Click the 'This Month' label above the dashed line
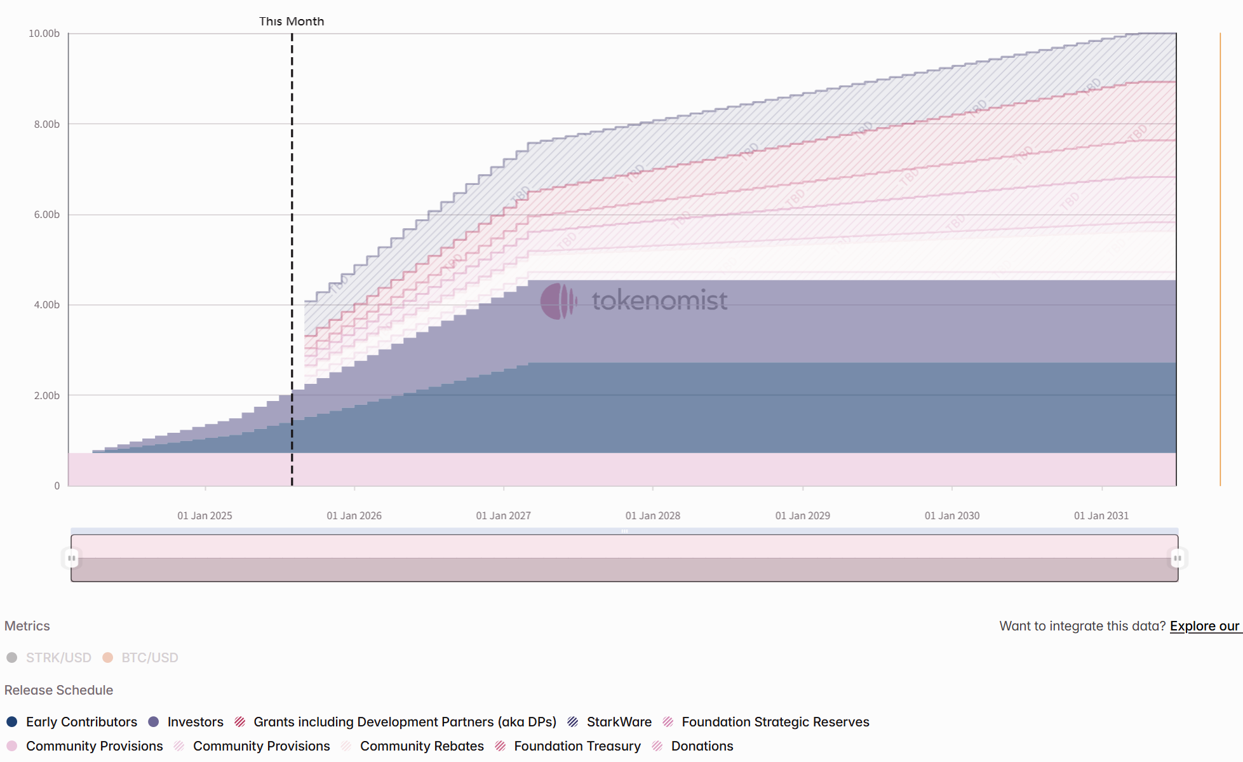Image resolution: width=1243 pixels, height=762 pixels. pos(292,21)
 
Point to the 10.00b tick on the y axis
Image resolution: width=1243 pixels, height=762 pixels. pos(44,33)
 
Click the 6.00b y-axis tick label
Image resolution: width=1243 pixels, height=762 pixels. pos(46,215)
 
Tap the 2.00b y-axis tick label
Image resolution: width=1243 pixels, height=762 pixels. pos(46,395)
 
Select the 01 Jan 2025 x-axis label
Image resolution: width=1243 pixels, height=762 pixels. pos(205,515)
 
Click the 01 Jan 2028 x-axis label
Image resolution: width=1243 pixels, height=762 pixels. pos(652,515)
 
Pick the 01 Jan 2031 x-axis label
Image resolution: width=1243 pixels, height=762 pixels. pos(1101,515)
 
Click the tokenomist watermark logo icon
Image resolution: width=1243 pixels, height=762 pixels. pos(558,301)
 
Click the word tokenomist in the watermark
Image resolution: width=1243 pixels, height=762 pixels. pos(659,301)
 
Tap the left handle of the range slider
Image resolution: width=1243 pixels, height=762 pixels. pos(72,558)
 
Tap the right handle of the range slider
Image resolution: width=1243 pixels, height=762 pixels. pos(1177,558)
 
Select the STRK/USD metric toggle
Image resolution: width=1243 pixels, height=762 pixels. pos(50,658)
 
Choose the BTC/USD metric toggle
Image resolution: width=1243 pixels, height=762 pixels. pos(141,658)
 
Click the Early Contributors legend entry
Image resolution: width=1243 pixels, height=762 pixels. pos(72,722)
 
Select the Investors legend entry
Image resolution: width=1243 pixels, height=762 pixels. pos(186,722)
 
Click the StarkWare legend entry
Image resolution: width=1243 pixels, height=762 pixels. pos(610,722)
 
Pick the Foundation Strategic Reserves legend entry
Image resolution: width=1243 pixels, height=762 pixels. pos(766,722)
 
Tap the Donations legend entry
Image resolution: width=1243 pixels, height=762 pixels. pos(693,746)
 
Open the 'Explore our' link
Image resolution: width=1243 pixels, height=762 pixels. pos(1204,626)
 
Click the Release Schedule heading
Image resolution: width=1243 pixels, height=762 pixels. pos(58,690)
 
